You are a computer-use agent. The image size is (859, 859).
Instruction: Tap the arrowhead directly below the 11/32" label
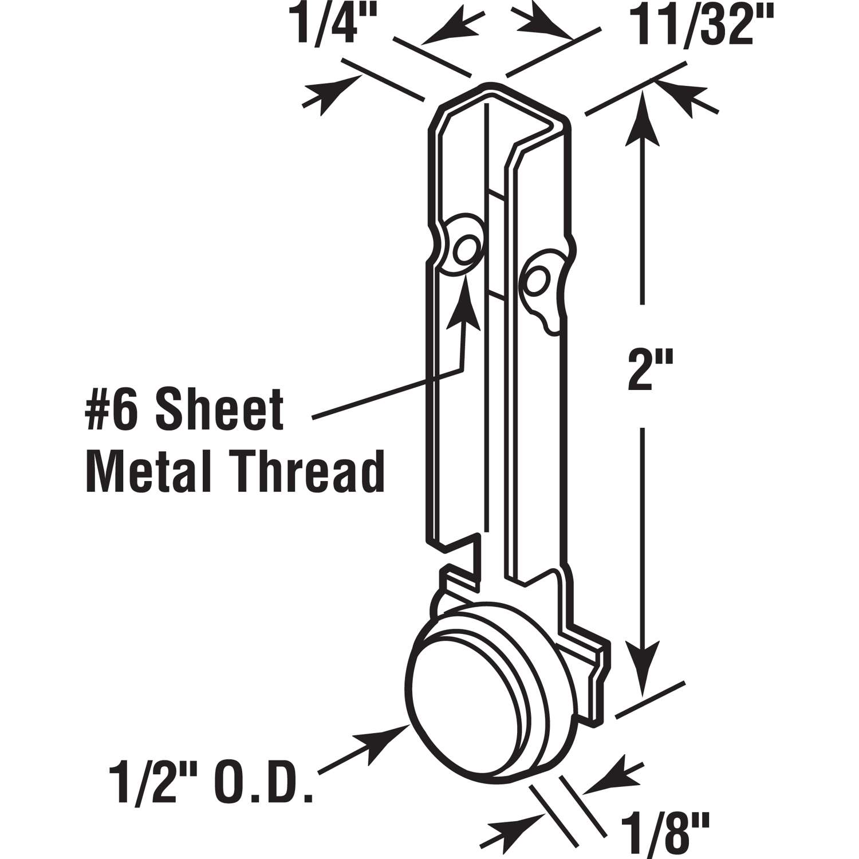683,94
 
